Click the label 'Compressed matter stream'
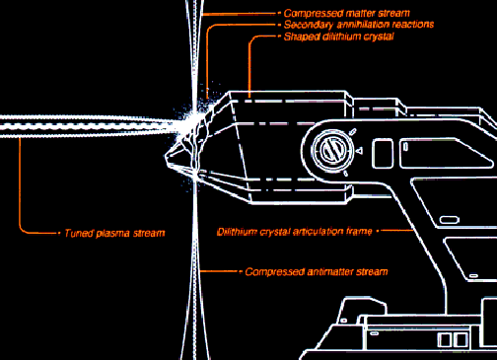coord(347,14)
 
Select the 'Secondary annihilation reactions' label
coord(359,25)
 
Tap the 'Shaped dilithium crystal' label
coord(339,36)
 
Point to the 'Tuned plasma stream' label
coord(114,233)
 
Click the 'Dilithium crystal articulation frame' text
coord(295,232)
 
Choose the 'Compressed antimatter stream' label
coord(317,272)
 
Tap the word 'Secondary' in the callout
coord(309,25)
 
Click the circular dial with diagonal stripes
coord(332,151)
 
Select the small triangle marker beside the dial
coord(360,151)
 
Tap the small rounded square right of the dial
coord(383,154)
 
